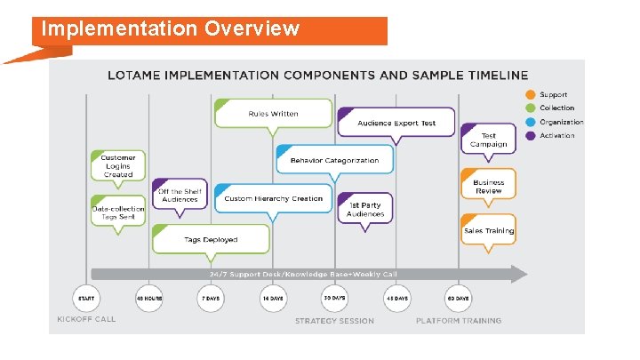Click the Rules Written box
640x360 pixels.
coord(273,114)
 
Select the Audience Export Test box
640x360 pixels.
coord(396,123)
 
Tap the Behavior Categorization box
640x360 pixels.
coord(334,161)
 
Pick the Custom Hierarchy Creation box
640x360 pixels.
coord(273,198)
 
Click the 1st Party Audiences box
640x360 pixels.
coord(365,210)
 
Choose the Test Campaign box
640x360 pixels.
coord(488,140)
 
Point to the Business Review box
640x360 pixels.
coord(488,186)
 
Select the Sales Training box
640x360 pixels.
coord(488,231)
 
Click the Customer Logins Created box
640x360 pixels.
coord(118,166)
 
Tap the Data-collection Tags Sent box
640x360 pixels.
coord(118,213)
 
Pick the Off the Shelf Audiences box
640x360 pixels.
coord(180,196)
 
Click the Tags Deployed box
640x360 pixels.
coord(211,239)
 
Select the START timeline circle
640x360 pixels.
coord(86,299)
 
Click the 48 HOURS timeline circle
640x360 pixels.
coord(148,299)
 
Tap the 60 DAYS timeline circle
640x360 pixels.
coord(458,299)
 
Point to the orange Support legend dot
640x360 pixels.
coord(530,94)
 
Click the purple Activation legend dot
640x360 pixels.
coord(530,136)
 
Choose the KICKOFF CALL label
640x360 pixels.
coord(86,320)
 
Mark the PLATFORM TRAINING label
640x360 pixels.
coord(458,320)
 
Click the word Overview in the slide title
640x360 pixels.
coord(252,28)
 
